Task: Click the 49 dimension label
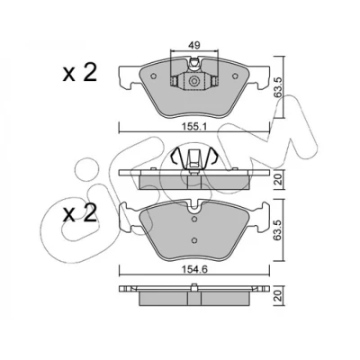tap(194, 46)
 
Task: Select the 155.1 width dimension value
tap(194, 127)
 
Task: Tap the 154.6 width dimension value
tap(194, 269)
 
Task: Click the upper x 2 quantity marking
tap(80, 73)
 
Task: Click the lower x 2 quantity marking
tap(80, 213)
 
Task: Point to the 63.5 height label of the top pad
tap(278, 87)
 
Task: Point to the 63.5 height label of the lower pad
tap(278, 230)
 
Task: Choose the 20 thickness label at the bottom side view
tap(278, 297)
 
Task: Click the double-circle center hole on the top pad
tap(193, 81)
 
